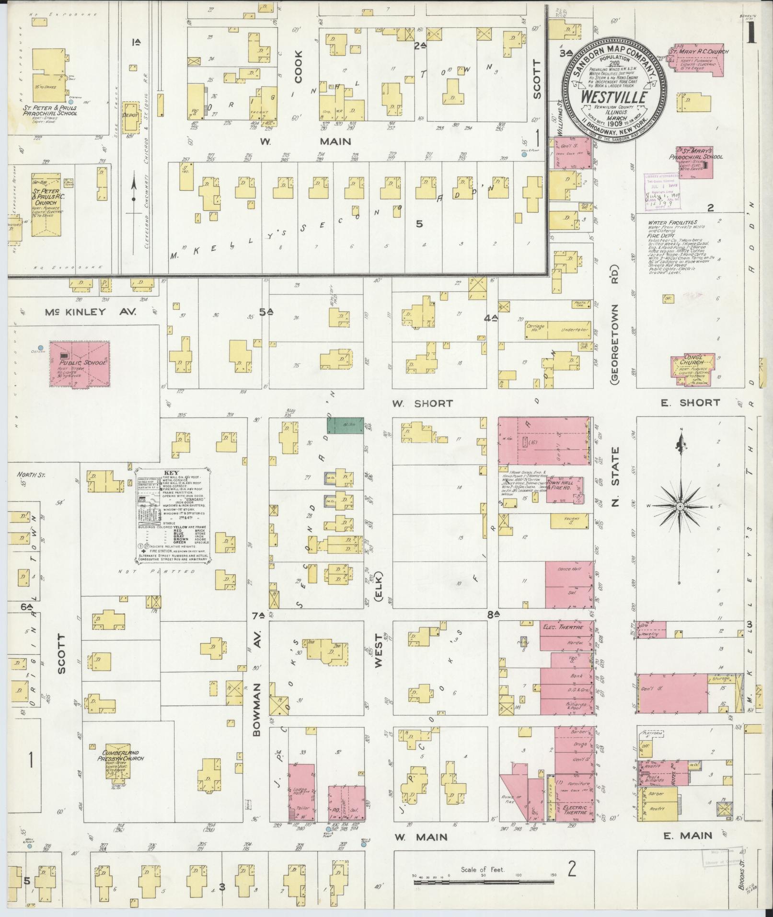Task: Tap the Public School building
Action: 80,363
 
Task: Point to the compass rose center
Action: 680,507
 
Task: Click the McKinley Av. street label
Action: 91,312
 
